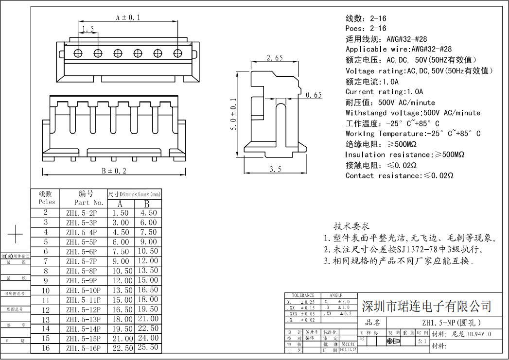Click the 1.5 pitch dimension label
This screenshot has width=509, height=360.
coord(88,29)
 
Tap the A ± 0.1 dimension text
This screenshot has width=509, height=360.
coord(128,17)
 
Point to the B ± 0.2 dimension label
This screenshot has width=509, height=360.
coord(114,171)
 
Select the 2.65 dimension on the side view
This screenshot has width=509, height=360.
coord(275,58)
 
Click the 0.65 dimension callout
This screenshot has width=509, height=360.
coord(314,95)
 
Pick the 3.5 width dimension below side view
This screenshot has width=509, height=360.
coord(275,169)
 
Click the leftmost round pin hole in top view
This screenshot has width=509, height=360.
coord(78,52)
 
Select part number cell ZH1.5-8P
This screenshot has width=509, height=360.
coord(81,271)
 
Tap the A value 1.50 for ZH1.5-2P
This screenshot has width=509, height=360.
coord(121,213)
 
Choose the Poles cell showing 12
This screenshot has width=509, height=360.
coord(46,309)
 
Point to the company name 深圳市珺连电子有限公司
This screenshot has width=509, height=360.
coord(426,306)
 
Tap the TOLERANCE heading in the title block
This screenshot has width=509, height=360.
coord(303,295)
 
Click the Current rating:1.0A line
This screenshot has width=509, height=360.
coord(384,91)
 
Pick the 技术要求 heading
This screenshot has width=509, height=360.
coord(351,226)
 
